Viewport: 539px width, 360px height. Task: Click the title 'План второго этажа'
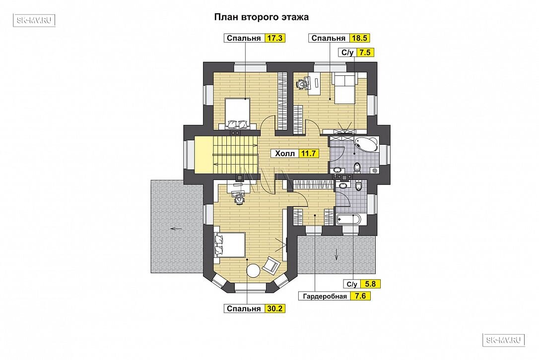click(261, 17)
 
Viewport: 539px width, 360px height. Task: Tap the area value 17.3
click(275, 38)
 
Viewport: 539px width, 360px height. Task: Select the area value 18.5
click(359, 38)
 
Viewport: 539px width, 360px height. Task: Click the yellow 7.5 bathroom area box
click(365, 52)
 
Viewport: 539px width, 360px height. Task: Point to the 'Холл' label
click(285, 153)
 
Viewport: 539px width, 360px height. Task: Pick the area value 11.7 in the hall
click(308, 153)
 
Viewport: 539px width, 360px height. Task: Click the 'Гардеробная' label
click(325, 296)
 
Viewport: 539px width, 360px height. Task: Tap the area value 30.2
click(275, 308)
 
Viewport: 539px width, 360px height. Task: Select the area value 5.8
click(370, 284)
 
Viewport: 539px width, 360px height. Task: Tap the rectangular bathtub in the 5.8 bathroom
click(348, 220)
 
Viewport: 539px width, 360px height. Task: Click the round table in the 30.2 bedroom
click(254, 270)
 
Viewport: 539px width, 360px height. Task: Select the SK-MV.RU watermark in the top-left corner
click(34, 20)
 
